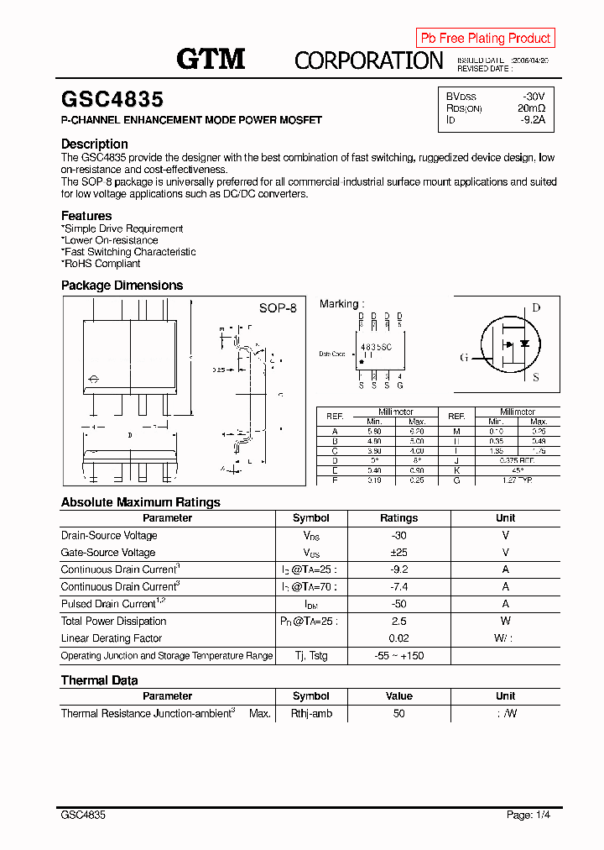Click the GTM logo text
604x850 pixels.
click(x=210, y=58)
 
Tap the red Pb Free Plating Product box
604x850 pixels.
click(x=485, y=38)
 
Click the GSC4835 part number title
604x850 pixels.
click(x=112, y=100)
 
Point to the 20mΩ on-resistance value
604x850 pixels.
click(x=531, y=108)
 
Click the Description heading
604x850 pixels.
click(x=94, y=144)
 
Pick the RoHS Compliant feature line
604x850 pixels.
click(x=102, y=264)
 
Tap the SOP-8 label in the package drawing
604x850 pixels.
click(x=278, y=308)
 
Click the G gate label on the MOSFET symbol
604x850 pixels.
click(x=464, y=358)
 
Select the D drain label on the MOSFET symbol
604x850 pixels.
click(x=536, y=308)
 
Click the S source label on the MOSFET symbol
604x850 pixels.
click(x=536, y=377)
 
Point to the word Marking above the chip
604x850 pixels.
click(x=340, y=304)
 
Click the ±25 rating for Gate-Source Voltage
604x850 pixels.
click(x=398, y=553)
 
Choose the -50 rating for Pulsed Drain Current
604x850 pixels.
click(x=398, y=604)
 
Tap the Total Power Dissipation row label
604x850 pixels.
click(x=113, y=622)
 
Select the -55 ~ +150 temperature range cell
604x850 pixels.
click(x=398, y=656)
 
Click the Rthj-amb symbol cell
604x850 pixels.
click(x=311, y=713)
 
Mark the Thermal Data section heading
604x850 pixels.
click(x=99, y=680)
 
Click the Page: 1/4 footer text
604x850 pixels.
click(x=528, y=815)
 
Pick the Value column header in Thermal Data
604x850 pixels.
click(x=398, y=696)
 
